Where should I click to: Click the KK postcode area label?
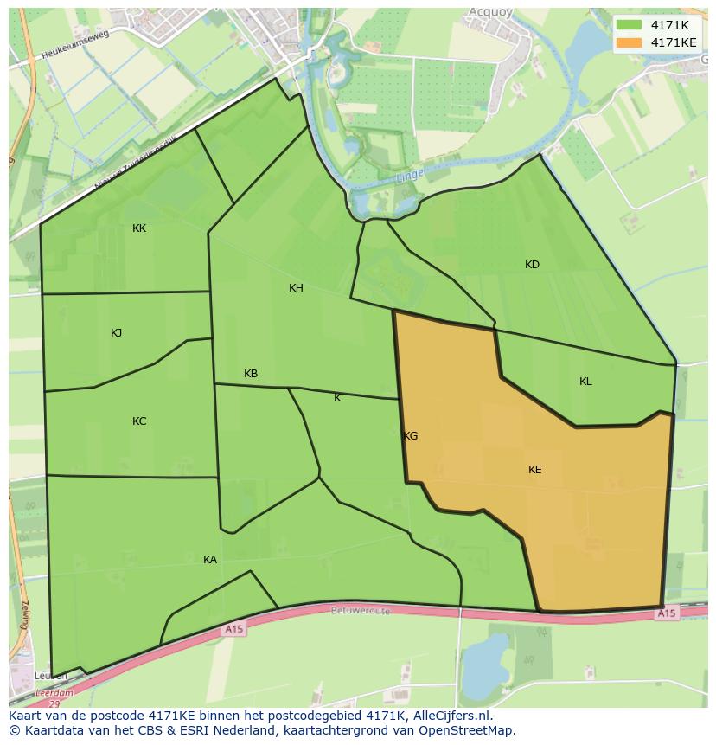pyautogui.click(x=139, y=228)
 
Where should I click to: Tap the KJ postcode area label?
pyautogui.click(x=117, y=333)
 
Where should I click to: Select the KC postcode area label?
pyautogui.click(x=139, y=421)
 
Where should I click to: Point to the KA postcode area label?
pyautogui.click(x=210, y=560)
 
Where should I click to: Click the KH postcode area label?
pyautogui.click(x=296, y=288)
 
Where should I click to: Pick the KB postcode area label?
pyautogui.click(x=251, y=374)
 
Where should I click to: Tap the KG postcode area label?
pyautogui.click(x=411, y=436)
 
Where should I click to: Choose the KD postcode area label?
pyautogui.click(x=532, y=265)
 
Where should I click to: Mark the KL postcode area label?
pyautogui.click(x=585, y=382)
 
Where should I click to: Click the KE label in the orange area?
pyautogui.click(x=535, y=470)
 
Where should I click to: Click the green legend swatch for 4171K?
pyautogui.click(x=630, y=25)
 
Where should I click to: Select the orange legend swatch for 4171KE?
pyautogui.click(x=630, y=42)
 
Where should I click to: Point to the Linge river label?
pyautogui.click(x=410, y=176)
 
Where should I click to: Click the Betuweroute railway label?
pyautogui.click(x=360, y=610)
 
